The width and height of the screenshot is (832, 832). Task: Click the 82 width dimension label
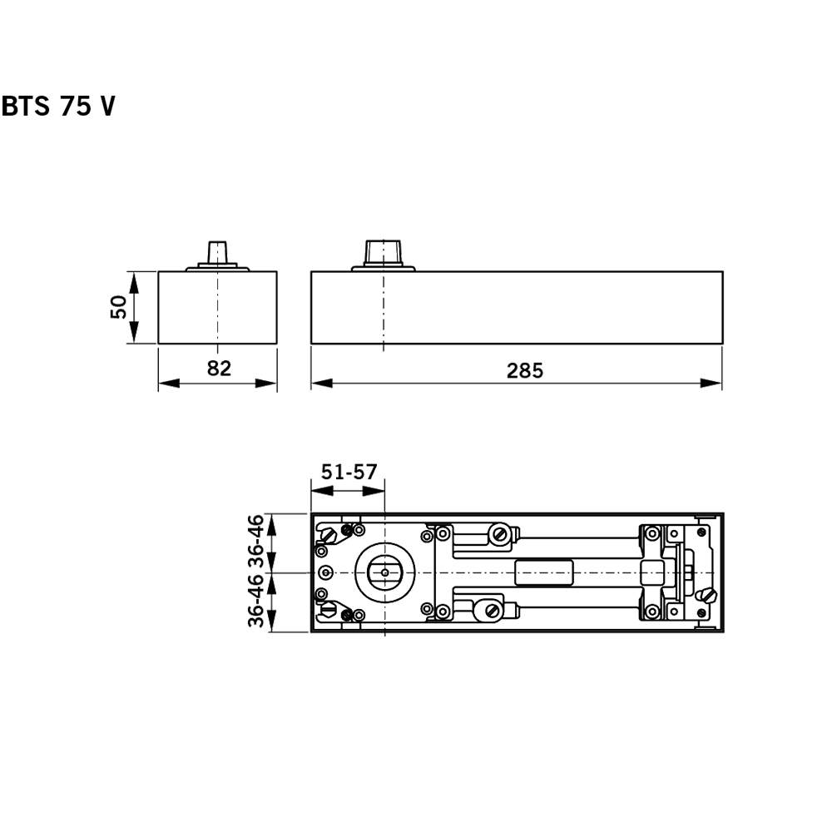[x=218, y=369]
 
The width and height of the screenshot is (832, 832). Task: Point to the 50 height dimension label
[x=119, y=307]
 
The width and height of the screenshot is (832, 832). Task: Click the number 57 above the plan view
[x=366, y=472]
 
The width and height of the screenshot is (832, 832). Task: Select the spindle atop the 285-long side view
[x=384, y=251]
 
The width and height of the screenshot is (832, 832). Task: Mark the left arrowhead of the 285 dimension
[x=321, y=384]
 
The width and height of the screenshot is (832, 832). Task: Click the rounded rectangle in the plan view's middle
[x=545, y=573]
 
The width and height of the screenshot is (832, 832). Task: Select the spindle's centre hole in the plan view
[x=384, y=572]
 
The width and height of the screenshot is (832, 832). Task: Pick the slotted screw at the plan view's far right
[x=709, y=596]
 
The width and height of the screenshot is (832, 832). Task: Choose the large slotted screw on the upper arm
[x=500, y=534]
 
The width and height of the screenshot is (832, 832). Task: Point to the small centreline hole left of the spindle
[x=325, y=573]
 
